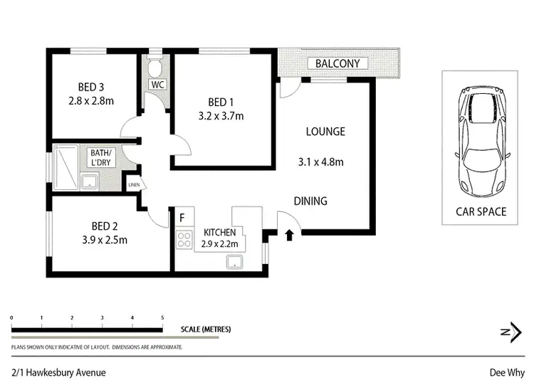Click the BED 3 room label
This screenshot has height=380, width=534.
[x=91, y=87]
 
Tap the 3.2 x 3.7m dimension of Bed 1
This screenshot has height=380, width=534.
[x=221, y=116]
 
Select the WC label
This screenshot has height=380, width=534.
[x=156, y=85]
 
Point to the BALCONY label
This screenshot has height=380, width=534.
[x=337, y=64]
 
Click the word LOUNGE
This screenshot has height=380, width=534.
[x=325, y=132]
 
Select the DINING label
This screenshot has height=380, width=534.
[x=310, y=201]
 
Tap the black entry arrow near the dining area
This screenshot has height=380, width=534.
[x=289, y=235]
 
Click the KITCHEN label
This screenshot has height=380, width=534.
[x=220, y=233]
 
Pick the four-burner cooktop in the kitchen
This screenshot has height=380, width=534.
[x=184, y=240]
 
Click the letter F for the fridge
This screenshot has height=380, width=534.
[x=182, y=217]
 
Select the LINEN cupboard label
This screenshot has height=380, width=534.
[x=133, y=186]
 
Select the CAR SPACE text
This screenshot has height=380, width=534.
[x=481, y=211]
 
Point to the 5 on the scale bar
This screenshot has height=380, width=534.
[x=162, y=318]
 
